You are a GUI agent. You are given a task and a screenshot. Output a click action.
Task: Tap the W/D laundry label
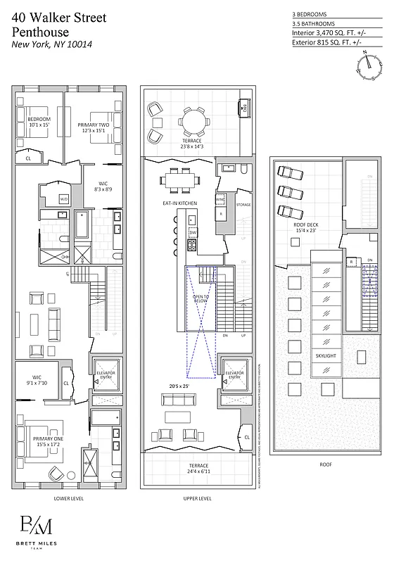click(x=63, y=199)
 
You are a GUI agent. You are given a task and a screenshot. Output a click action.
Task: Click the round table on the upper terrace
click(x=193, y=120)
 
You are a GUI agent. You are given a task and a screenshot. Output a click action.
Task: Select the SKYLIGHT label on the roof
click(x=325, y=356)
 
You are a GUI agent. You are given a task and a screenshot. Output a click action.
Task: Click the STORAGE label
click(x=243, y=205)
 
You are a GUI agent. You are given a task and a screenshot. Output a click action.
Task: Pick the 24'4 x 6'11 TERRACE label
click(x=193, y=469)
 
